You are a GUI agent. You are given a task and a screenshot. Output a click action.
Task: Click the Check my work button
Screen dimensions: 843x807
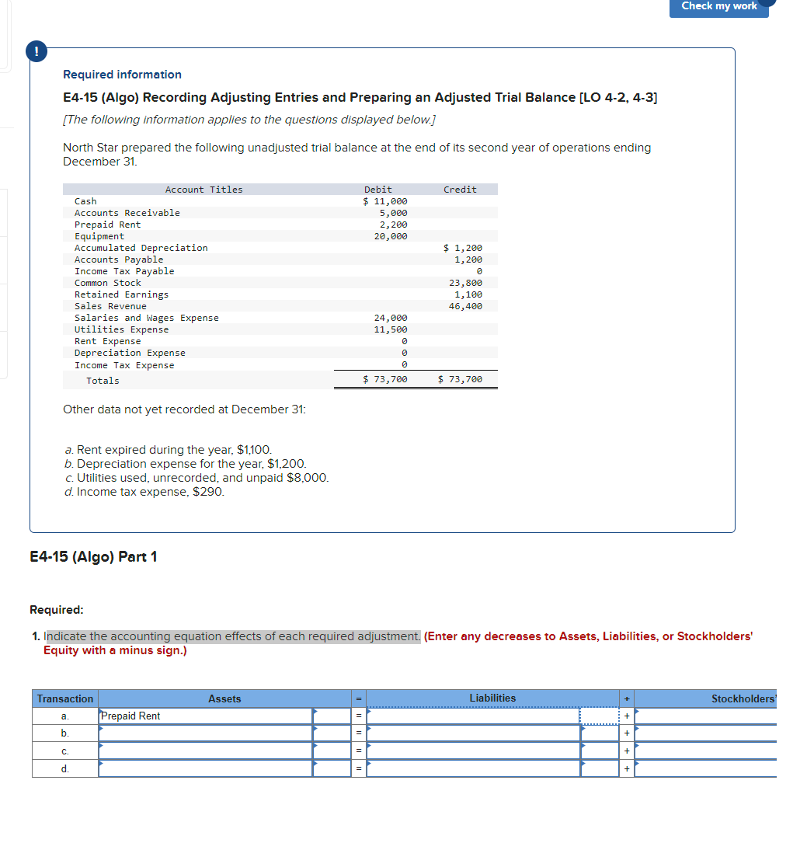[x=718, y=7]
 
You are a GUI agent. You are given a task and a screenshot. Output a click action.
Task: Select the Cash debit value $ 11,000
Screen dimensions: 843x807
[x=385, y=201]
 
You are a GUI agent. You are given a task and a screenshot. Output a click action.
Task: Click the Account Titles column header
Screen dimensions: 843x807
[x=203, y=190]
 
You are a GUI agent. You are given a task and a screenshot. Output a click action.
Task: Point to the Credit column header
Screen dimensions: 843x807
[x=460, y=190]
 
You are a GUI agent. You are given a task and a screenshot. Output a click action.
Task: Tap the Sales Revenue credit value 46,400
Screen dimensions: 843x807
[x=465, y=306]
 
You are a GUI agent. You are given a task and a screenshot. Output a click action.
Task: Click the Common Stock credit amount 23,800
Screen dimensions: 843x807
[x=465, y=283]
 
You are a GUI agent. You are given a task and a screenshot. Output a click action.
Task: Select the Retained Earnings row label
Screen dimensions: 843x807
[x=121, y=294]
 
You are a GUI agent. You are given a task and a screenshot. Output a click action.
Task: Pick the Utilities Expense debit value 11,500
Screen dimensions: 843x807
[x=390, y=329]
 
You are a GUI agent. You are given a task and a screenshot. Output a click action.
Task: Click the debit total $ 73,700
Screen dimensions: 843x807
[x=385, y=379]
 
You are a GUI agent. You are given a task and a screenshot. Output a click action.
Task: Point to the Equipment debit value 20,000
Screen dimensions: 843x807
[x=390, y=236]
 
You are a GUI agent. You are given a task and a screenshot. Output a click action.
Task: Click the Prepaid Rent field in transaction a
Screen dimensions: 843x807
[x=205, y=716]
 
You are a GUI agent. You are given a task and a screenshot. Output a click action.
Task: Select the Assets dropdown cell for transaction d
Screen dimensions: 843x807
[x=205, y=768]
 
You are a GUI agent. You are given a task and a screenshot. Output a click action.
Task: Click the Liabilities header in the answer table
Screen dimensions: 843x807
[x=492, y=698]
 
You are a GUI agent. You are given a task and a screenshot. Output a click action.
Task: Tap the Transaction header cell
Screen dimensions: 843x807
[x=65, y=699]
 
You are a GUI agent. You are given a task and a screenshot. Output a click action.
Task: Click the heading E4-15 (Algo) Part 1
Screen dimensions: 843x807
[x=93, y=557]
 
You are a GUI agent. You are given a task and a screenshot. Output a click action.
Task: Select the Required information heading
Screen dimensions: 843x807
[x=122, y=75]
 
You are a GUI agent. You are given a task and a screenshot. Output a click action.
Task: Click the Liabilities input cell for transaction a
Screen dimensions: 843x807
[x=473, y=716]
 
